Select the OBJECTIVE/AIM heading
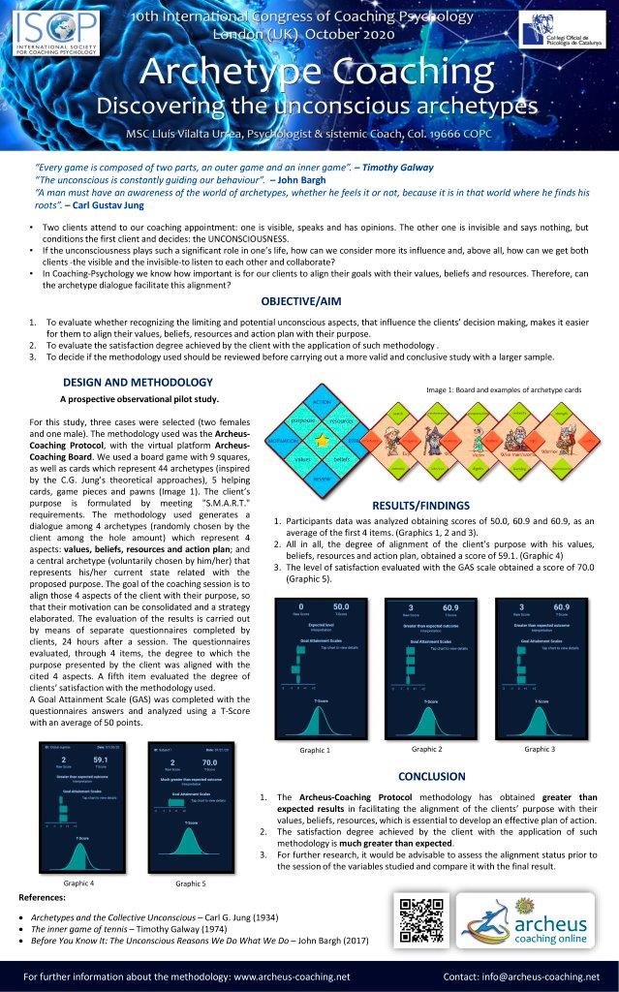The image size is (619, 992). [x=309, y=301]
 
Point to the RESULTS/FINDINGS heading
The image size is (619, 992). [x=420, y=505]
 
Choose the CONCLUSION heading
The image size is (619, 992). [x=432, y=776]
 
